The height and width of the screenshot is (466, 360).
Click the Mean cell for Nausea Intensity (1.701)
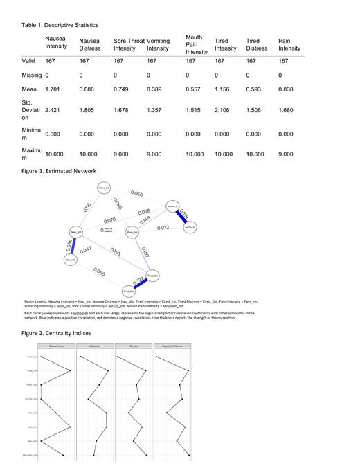click(x=53, y=89)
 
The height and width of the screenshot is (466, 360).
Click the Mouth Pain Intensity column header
click(x=196, y=44)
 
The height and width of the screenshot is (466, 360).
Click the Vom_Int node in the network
click(x=104, y=188)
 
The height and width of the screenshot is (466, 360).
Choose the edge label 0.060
click(x=137, y=195)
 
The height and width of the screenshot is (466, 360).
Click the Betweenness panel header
click(x=56, y=346)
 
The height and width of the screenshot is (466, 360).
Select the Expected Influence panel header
click(x=171, y=346)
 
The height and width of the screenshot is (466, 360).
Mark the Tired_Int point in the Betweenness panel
click(x=71, y=371)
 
